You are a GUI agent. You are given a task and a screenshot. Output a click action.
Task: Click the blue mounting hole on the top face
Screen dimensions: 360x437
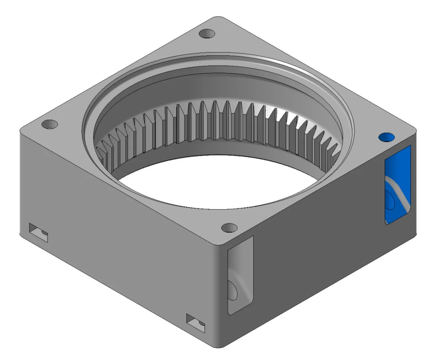click(x=386, y=137)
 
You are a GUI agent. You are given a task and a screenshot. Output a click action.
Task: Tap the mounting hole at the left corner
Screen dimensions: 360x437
click(x=49, y=124)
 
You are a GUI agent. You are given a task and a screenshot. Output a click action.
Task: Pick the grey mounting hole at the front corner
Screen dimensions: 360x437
click(x=229, y=228)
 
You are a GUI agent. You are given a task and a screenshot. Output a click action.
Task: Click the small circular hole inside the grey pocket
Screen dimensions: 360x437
click(x=233, y=290)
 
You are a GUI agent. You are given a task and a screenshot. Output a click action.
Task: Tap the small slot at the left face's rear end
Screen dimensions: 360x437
click(x=38, y=233)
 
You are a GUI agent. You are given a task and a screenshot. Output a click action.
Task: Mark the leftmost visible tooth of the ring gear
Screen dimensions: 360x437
click(x=101, y=153)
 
